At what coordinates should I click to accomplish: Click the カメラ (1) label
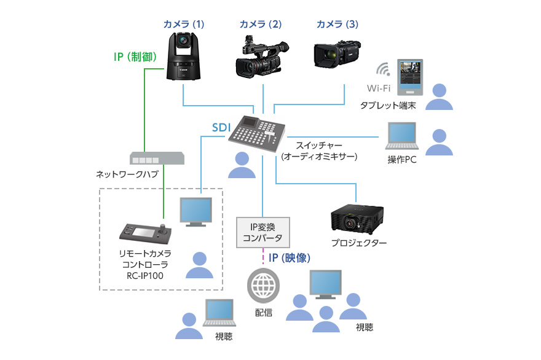(x=183, y=25)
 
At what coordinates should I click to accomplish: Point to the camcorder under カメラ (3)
(x=336, y=57)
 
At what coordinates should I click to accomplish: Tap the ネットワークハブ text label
(x=127, y=174)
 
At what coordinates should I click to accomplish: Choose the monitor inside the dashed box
(x=195, y=212)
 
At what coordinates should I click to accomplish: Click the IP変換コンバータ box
(x=263, y=232)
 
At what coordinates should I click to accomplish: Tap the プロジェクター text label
(x=359, y=243)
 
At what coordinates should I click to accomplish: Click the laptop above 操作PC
(x=401, y=136)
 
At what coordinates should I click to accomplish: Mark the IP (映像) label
(x=288, y=258)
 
